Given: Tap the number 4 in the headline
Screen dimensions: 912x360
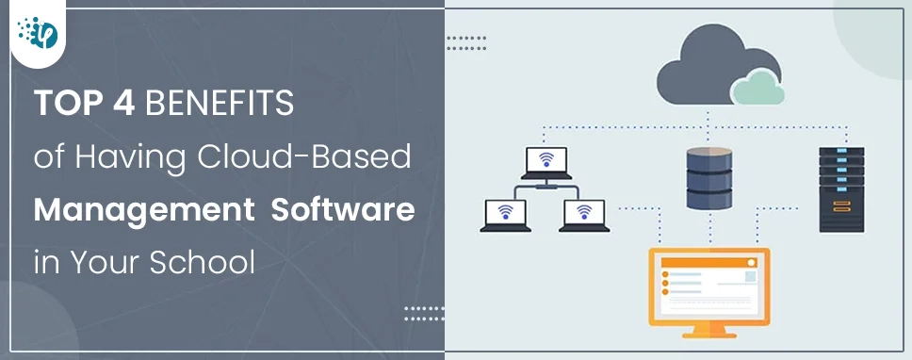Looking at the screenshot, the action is [124, 104].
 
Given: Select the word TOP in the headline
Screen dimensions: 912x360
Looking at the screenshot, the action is [72, 104].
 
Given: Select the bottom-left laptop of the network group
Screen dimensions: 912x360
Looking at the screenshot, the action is [505, 215].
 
